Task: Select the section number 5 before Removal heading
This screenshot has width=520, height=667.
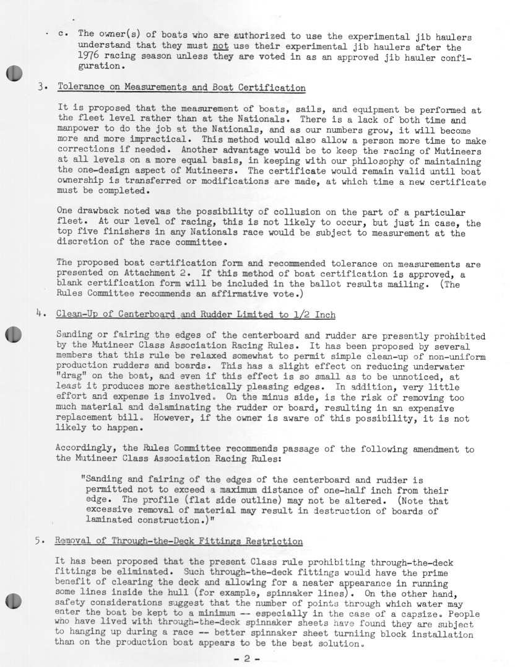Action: [38, 541]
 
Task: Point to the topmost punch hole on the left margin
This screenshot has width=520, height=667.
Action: [14, 73]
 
